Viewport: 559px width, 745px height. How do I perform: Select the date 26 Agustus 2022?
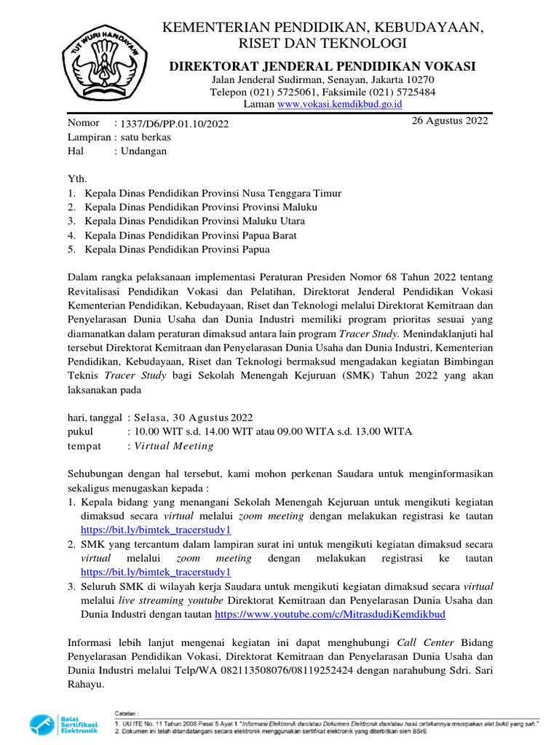tap(450, 121)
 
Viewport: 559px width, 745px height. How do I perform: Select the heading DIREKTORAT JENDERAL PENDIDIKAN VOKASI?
tap(322, 67)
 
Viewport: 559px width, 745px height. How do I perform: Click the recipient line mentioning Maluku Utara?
tap(195, 221)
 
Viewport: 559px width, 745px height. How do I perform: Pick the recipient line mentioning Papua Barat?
tap(191, 235)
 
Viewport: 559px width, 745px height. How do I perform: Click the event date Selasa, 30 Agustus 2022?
tap(191, 417)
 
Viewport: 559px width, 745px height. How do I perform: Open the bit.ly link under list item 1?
tap(155, 530)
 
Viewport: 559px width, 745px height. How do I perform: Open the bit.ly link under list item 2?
tap(155, 572)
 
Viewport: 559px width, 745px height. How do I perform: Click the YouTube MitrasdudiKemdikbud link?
tap(330, 614)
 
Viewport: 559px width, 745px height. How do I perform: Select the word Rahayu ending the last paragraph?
tap(86, 685)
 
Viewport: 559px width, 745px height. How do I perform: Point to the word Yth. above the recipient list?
tap(76, 179)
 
